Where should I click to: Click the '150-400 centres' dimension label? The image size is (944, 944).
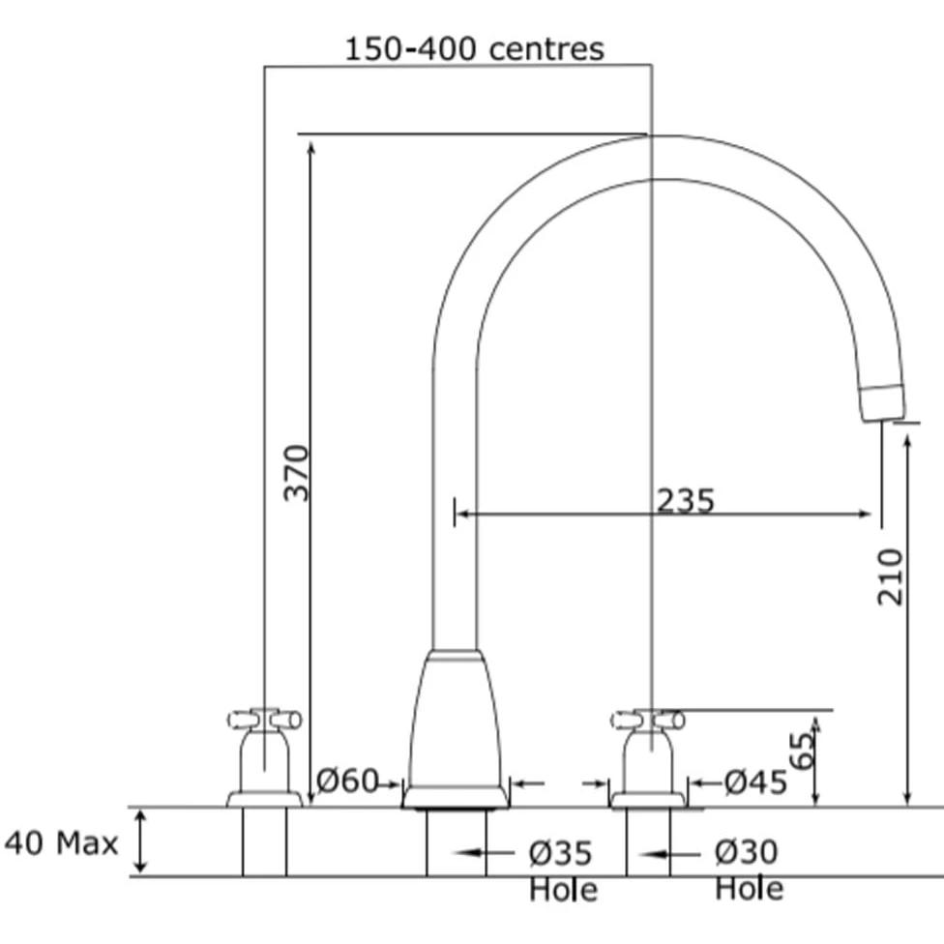click(474, 48)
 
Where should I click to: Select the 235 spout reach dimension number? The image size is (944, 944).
click(685, 500)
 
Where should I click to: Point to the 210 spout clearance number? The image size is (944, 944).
click(890, 576)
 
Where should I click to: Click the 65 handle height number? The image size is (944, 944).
click(802, 750)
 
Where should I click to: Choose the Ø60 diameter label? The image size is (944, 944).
click(347, 781)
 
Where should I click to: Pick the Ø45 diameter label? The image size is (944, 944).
click(755, 782)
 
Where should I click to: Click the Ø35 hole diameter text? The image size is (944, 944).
click(560, 853)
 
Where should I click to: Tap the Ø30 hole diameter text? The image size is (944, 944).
click(746, 852)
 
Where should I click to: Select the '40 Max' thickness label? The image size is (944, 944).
click(61, 843)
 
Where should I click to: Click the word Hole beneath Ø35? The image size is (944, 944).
click(563, 889)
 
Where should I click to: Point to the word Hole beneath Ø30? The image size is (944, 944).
click(749, 888)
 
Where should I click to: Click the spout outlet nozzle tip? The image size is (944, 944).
click(881, 402)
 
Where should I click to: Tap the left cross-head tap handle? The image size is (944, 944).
click(264, 720)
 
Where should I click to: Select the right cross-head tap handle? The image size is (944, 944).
click(648, 720)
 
